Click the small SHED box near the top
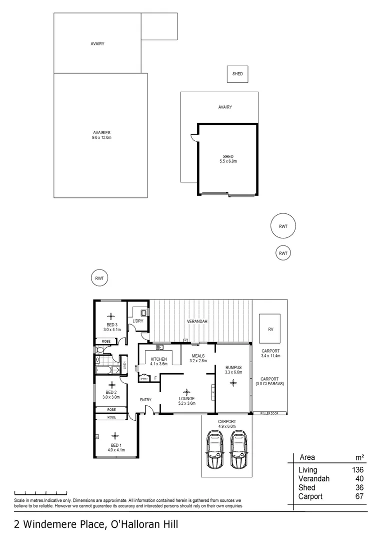coord(237,74)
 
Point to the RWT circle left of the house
coord(99,278)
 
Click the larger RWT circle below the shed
coord(283,226)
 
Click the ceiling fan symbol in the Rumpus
coord(233,383)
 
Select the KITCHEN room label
coord(158,359)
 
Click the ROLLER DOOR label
coord(270,414)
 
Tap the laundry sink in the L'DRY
coord(143,312)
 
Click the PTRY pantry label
coord(144,379)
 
